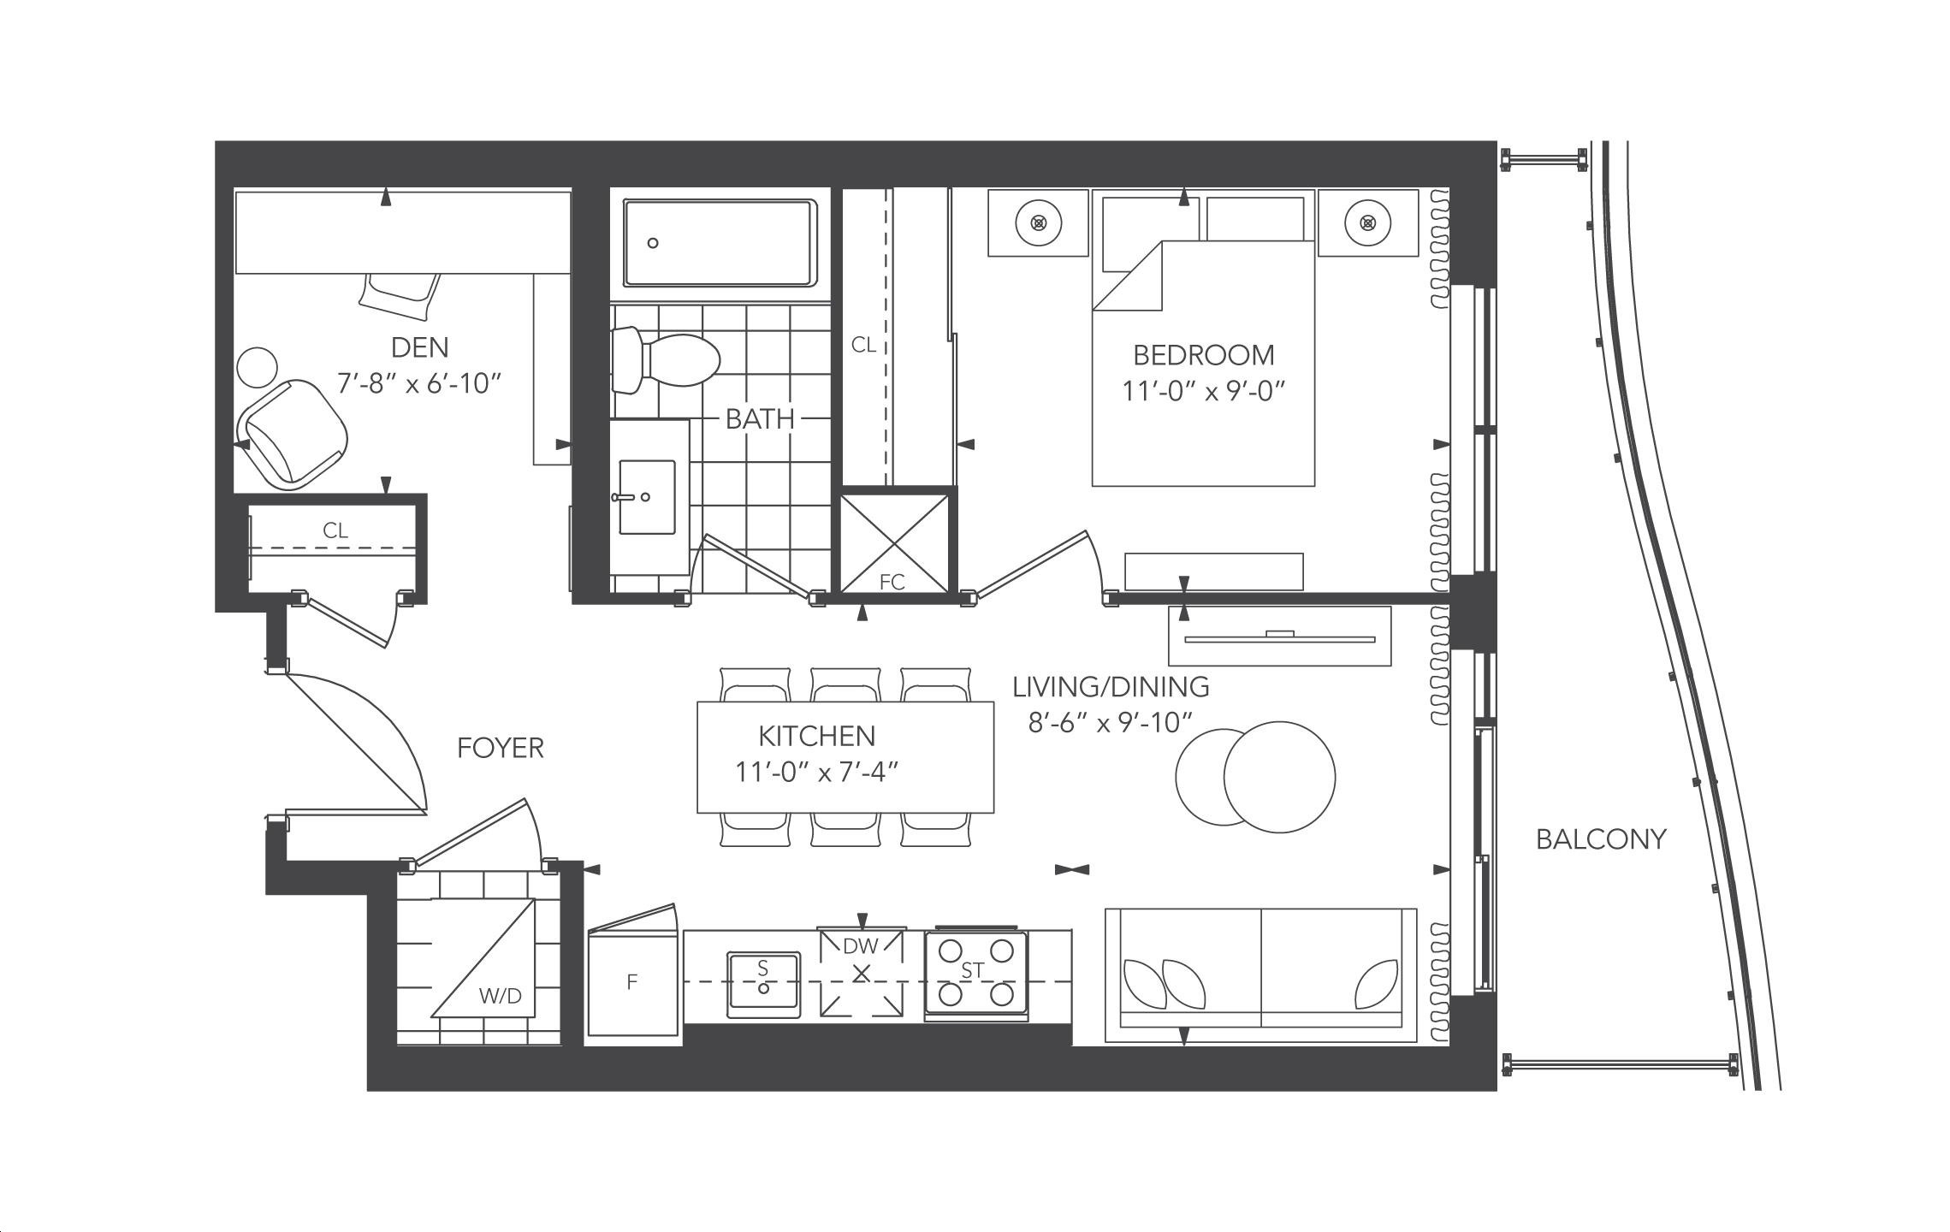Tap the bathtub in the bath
[x=720, y=244]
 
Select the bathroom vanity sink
[x=647, y=497]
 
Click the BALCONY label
[x=1601, y=839]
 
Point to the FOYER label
[x=501, y=748]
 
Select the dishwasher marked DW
[x=862, y=971]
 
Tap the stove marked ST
[x=976, y=973]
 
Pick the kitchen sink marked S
[x=763, y=984]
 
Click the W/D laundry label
[x=501, y=996]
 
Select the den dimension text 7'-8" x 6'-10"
[x=418, y=383]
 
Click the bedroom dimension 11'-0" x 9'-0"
[x=1204, y=391]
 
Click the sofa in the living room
[x=1260, y=975]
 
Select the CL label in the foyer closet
[x=335, y=530]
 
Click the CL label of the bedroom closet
[x=863, y=344]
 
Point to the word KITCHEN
[x=816, y=736]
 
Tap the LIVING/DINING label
[x=1111, y=686]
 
